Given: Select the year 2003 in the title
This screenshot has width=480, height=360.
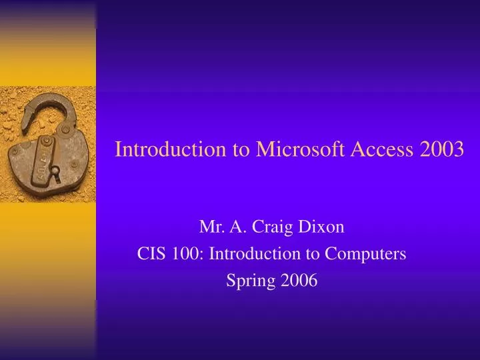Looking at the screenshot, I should pyautogui.click(x=443, y=149).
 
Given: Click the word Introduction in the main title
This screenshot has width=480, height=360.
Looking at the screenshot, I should pyautogui.click(x=171, y=149).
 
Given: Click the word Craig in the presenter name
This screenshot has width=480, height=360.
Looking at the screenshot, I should pyautogui.click(x=282, y=227).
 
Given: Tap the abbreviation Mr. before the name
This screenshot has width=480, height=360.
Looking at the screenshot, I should pyautogui.click(x=212, y=227).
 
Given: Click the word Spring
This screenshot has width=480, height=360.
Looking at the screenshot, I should pyautogui.click(x=248, y=281).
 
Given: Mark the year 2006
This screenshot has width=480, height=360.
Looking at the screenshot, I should pyautogui.click(x=299, y=281).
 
